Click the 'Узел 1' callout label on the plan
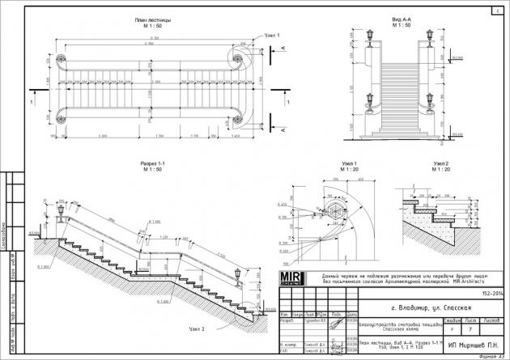pyautogui.click(x=272, y=36)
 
